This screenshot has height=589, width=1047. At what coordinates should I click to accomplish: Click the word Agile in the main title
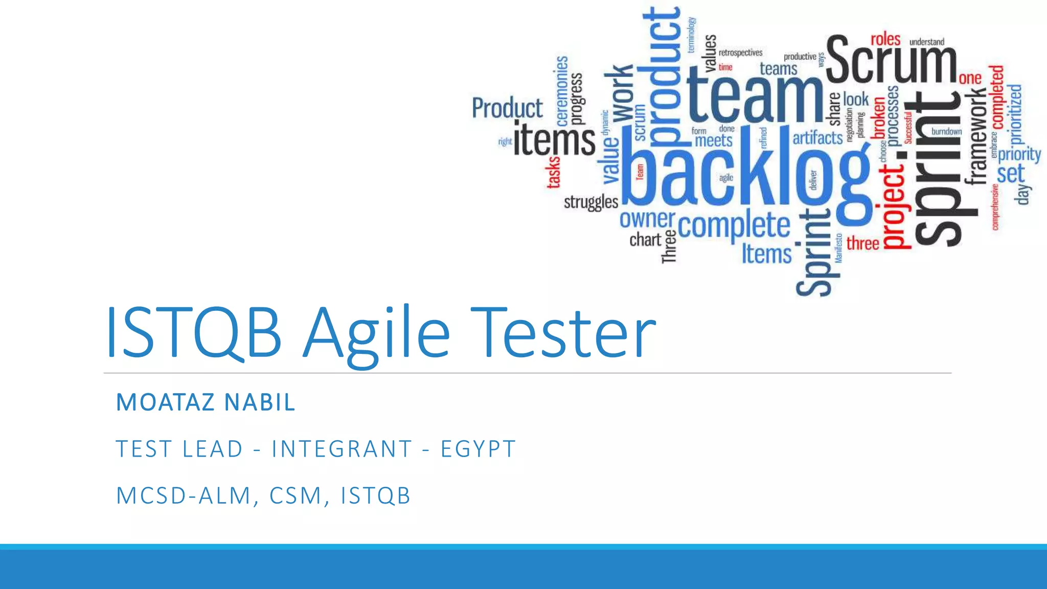[x=376, y=333]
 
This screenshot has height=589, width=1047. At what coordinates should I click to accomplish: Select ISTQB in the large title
[x=193, y=333]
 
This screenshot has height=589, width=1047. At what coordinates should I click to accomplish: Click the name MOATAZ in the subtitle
[x=165, y=402]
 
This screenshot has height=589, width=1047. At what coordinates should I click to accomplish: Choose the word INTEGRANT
[x=342, y=449]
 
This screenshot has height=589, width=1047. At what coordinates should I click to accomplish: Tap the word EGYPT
[x=478, y=449]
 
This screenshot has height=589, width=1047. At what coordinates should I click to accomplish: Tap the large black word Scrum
[x=891, y=60]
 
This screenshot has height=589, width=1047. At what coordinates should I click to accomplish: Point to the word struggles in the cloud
[x=591, y=202]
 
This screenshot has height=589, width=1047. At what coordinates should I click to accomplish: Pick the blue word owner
[x=647, y=219]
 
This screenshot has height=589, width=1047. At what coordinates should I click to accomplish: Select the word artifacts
[x=817, y=138]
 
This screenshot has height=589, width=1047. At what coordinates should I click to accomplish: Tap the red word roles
[x=885, y=39]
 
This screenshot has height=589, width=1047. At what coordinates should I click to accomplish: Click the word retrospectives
[x=740, y=53]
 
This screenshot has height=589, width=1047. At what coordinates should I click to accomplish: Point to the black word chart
[x=645, y=239]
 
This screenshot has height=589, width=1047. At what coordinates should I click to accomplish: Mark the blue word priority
[x=1019, y=154]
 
